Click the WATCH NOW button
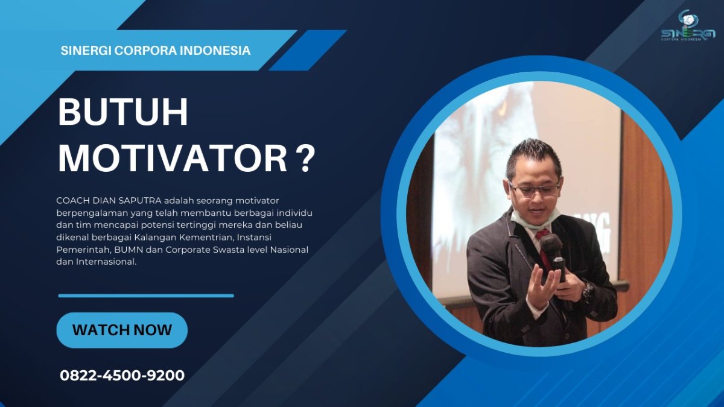coord(122,330)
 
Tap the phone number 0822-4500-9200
coord(122,376)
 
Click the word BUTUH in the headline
coord(123,112)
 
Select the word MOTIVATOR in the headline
coord(173,159)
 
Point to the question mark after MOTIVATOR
coord(305,159)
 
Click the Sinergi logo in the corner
coord(688,25)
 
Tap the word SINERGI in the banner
coord(86,51)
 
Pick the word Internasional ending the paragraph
coord(106,262)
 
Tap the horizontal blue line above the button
coord(146,295)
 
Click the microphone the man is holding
coord(554,255)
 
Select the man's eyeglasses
coord(535,189)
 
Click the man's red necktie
coord(544,248)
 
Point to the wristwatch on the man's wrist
coord(588,292)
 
